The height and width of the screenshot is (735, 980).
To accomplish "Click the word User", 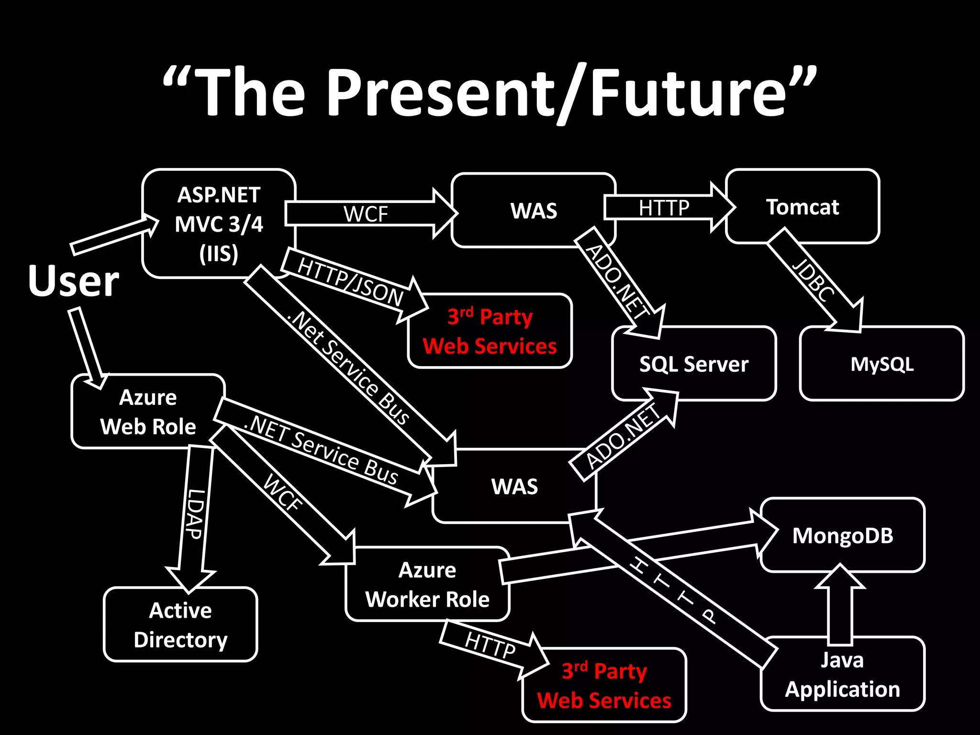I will point(73,281).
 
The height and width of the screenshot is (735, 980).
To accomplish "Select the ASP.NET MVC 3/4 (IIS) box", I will point(219,224).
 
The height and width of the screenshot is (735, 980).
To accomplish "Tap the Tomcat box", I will point(802,207).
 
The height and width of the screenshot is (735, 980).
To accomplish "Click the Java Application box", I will point(842,675).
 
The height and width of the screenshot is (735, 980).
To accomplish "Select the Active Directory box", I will point(180,625).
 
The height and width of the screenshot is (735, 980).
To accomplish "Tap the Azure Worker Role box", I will point(427,585).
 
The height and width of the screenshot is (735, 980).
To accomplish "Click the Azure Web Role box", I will point(148,412).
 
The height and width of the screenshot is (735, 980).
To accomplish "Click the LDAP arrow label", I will point(196,514).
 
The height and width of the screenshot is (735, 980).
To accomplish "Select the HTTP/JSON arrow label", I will point(350,282).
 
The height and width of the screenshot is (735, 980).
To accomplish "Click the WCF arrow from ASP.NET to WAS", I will point(366,213).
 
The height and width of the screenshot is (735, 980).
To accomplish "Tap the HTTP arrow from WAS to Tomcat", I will point(664,208).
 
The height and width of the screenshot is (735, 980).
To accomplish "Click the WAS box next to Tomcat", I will point(534,211).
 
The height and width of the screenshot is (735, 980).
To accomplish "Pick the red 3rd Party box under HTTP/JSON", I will point(490,331).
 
